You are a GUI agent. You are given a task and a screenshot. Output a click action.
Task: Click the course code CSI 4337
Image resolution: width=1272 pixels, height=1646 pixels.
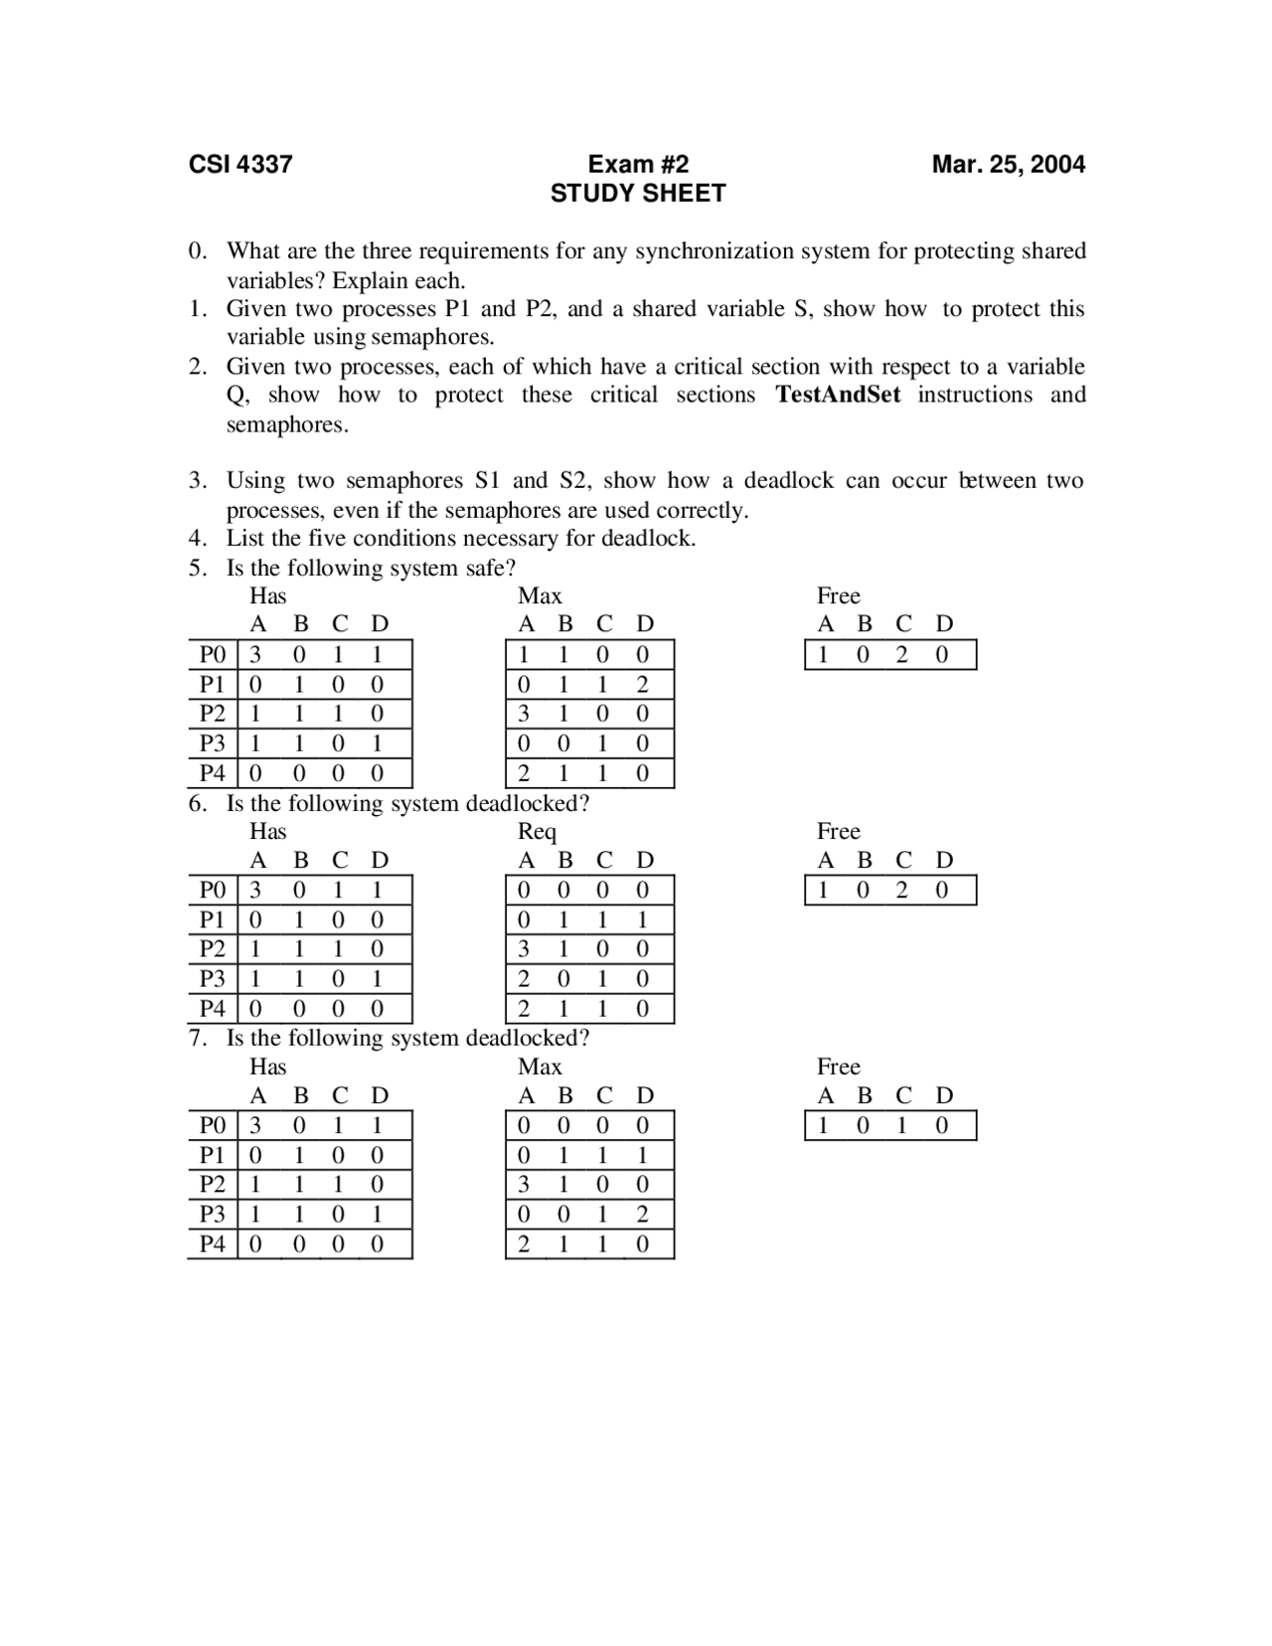point(240,164)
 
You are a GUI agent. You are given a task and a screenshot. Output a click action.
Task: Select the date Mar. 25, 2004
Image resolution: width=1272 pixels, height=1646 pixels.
point(1008,164)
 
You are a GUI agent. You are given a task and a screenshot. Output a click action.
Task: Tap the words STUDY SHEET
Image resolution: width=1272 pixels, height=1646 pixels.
point(638,193)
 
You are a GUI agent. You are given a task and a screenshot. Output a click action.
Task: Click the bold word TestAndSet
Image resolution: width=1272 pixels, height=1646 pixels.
point(838,395)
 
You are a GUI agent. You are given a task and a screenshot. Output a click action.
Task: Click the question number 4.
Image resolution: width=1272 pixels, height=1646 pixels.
point(197,539)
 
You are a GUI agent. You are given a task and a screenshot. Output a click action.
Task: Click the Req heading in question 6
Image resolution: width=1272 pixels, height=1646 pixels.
point(537,832)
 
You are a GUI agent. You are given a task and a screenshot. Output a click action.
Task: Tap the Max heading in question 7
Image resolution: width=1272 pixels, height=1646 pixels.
point(540,1067)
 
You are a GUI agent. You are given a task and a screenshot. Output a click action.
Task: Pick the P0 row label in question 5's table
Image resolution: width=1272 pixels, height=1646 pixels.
point(213,655)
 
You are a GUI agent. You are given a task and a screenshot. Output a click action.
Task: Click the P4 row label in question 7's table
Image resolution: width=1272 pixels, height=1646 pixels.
point(213,1243)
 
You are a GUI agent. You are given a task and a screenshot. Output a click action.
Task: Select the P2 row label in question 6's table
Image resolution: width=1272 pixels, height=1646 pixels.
point(213,949)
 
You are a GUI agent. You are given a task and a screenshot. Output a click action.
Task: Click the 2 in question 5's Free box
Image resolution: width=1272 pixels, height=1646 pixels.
point(902,655)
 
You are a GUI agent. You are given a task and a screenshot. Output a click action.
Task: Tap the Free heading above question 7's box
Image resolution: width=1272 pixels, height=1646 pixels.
point(838,1067)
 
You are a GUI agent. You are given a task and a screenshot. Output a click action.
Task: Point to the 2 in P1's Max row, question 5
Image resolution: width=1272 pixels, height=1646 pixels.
point(642,685)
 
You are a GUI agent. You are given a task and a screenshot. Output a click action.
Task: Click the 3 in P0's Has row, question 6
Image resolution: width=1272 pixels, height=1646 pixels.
point(255,890)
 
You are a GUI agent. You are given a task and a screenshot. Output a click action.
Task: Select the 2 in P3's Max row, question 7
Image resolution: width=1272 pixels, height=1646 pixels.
point(642,1215)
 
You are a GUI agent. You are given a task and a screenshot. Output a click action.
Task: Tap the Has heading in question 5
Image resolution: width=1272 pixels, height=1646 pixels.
point(267,596)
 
